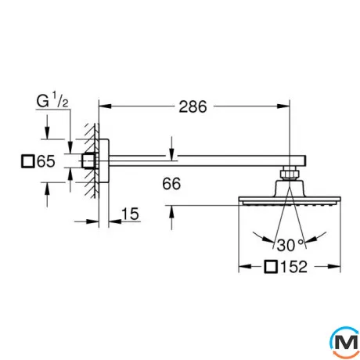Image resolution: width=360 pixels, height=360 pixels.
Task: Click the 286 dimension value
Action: pyautogui.click(x=193, y=106)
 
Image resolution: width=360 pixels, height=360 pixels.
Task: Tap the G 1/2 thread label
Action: pyautogui.click(x=52, y=100)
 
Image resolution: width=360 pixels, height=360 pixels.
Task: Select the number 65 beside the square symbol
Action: pyautogui.click(x=46, y=161)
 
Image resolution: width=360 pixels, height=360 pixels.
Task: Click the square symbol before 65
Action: pyautogui.click(x=27, y=161)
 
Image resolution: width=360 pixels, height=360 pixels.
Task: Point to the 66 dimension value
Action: pyautogui.click(x=171, y=184)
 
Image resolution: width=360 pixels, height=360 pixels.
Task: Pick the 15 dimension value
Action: pyautogui.click(x=130, y=214)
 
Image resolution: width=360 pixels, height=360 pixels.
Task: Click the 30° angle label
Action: pyautogui.click(x=290, y=245)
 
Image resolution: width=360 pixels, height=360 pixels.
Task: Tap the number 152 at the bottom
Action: pyautogui.click(x=294, y=267)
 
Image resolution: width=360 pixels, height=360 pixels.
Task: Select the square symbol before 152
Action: pyautogui.click(x=271, y=267)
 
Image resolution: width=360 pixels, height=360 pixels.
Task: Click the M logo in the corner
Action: pyautogui.click(x=345, y=342)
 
